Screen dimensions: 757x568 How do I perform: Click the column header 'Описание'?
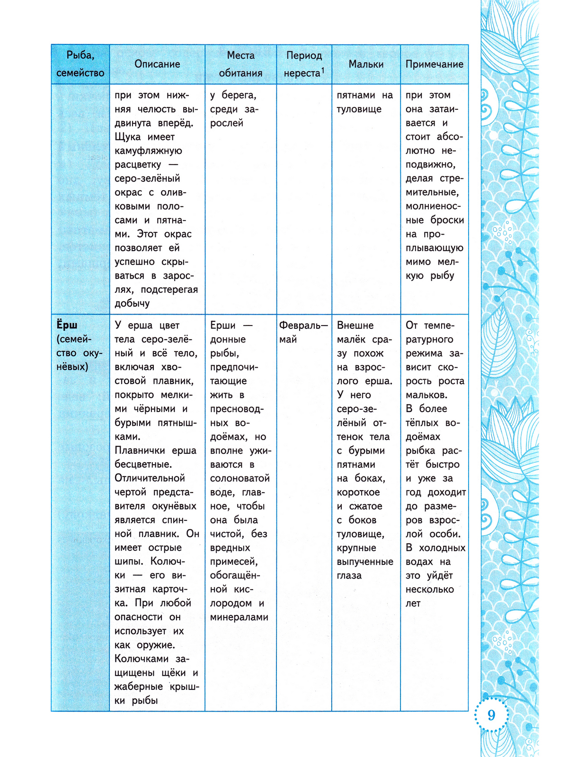coord(157,64)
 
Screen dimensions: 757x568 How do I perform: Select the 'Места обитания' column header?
coord(240,64)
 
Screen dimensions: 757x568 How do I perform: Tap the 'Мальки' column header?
coord(366,64)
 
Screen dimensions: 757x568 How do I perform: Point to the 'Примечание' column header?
coord(434,64)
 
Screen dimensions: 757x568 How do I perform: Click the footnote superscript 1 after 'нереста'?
coord(323,70)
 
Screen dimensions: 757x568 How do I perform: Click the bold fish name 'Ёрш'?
coord(67,326)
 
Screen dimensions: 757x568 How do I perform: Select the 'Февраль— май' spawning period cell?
coord(303,332)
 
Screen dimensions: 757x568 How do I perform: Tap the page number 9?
coord(491,714)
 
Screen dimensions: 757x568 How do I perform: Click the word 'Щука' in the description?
coord(127,137)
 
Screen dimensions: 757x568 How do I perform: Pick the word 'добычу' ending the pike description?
coord(132,303)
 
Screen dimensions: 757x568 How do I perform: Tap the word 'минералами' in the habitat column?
coord(239,617)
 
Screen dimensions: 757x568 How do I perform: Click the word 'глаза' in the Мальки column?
coord(349,575)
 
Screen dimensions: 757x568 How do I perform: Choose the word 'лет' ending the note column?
coord(413,603)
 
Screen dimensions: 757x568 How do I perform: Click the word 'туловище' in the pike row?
coord(359,109)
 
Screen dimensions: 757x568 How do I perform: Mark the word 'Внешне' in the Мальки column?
coord(355,326)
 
